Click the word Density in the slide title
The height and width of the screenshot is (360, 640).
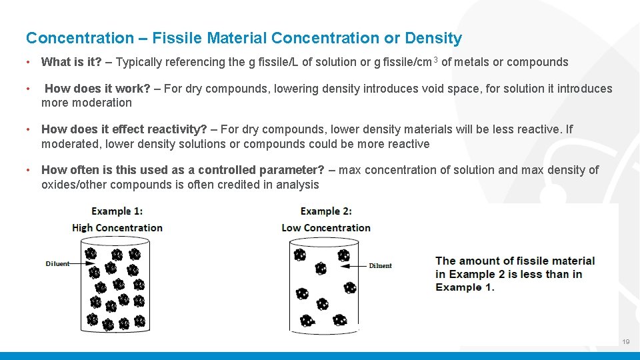coord(434,39)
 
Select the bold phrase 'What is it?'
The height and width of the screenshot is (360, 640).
coord(71,63)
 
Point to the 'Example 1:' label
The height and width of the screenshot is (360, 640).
coord(117,211)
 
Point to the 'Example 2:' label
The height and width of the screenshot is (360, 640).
coord(326,211)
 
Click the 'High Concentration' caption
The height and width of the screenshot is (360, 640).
coord(117,227)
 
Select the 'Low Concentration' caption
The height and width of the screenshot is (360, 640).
coord(326,227)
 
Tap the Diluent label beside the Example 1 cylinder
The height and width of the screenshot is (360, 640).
coord(57,264)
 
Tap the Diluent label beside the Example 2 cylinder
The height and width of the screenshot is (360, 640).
coord(380,265)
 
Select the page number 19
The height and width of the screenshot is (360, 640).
coord(625,342)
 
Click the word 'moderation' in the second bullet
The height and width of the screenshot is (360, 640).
coord(87,103)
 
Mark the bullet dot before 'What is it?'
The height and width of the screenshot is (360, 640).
coord(28,63)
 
